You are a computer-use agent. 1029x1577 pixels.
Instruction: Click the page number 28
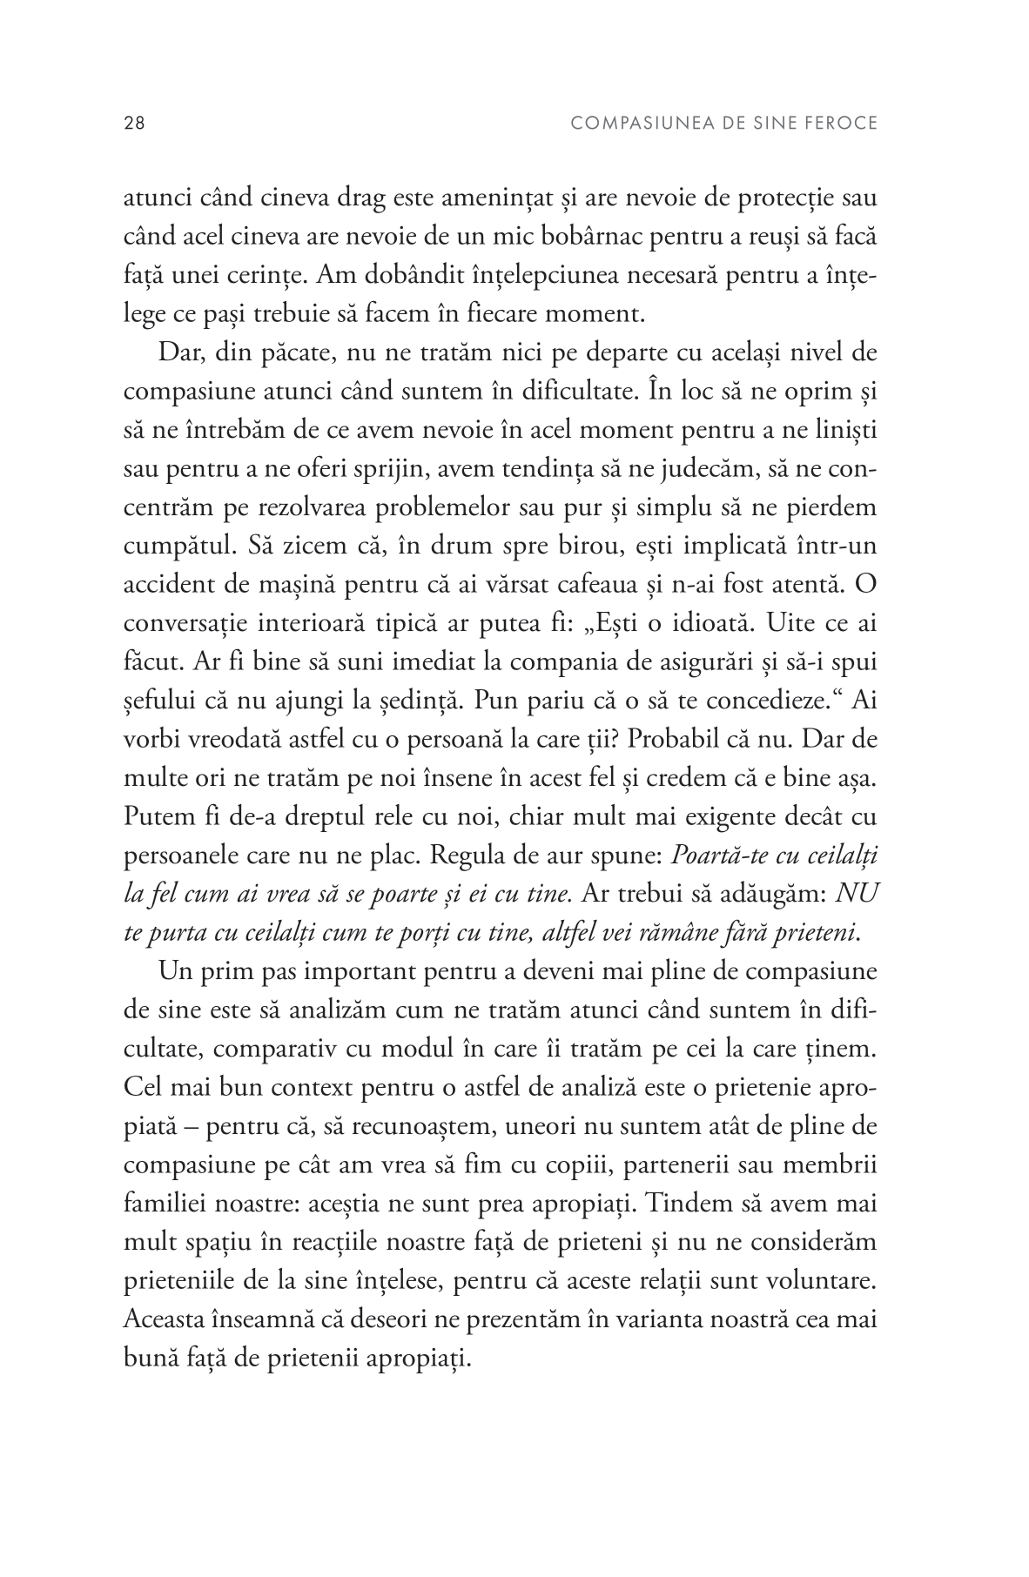pos(135,124)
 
